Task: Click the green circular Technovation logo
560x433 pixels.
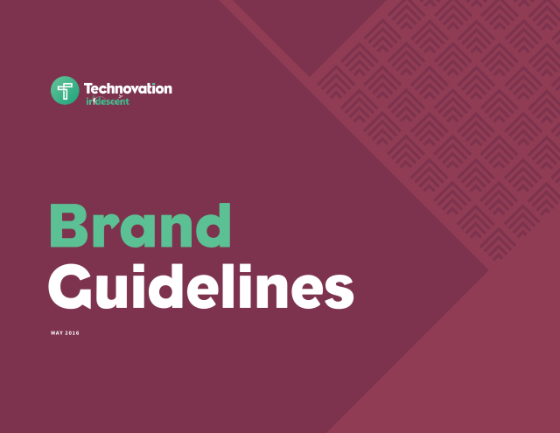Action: (x=65, y=90)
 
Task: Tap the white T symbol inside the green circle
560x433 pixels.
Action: (x=65, y=91)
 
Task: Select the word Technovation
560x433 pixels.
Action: (x=128, y=88)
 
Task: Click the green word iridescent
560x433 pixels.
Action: (x=108, y=101)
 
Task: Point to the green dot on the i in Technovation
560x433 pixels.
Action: (x=155, y=83)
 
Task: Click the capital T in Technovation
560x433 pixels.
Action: (x=88, y=88)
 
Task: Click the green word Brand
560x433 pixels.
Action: (x=140, y=225)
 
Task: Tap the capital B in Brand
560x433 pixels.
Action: (x=68, y=226)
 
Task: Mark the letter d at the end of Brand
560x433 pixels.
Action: (x=213, y=225)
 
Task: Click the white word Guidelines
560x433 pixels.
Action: (x=201, y=286)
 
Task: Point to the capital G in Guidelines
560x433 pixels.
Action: (x=70, y=286)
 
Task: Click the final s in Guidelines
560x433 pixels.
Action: (x=339, y=291)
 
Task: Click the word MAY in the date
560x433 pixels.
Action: (x=57, y=333)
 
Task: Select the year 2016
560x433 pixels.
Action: (x=72, y=333)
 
